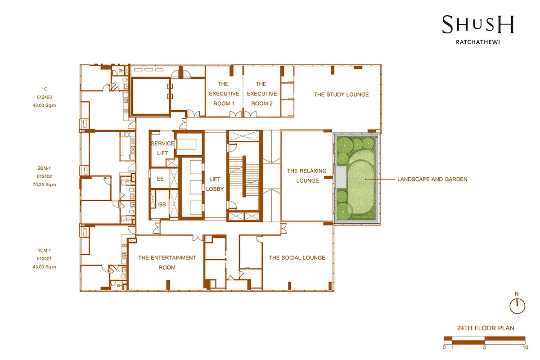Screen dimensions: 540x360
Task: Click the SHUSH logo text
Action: coord(478,24)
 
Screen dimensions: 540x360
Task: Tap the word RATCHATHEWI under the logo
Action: coord(478,42)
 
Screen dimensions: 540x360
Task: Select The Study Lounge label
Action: coord(342,94)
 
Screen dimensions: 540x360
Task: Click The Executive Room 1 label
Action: coord(224,94)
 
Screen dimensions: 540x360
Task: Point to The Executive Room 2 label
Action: coord(262,94)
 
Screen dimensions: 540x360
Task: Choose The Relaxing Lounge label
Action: coord(307,176)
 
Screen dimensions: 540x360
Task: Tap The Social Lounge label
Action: coord(297,258)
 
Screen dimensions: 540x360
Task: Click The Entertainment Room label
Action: coord(167,263)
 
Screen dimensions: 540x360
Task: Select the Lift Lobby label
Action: coord(215,184)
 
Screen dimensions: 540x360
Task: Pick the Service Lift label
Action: coord(162,148)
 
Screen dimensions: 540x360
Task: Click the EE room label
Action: coord(160,179)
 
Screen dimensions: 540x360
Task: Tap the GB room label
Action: coord(162,204)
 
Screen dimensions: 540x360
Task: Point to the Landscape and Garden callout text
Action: coord(432,180)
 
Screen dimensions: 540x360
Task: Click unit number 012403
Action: coord(45,97)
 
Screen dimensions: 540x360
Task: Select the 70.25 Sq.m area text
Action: coord(45,184)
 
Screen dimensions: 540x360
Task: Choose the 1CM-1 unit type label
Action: coord(45,251)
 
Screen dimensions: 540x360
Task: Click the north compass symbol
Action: coord(517,306)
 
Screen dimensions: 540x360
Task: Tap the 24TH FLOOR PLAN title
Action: coord(486,328)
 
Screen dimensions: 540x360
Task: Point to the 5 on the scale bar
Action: coord(485,348)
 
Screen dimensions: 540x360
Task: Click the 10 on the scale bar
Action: coord(526,348)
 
